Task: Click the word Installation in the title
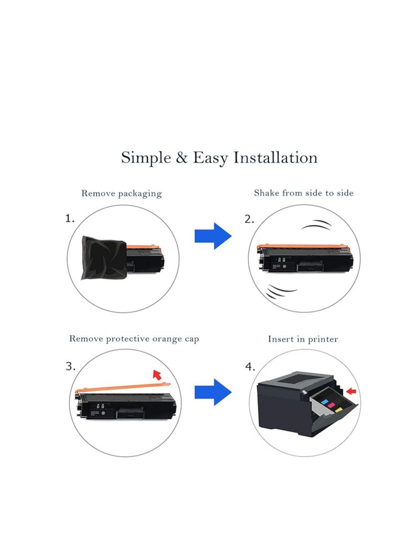click(275, 158)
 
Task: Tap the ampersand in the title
click(182, 158)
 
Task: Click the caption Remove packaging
click(121, 193)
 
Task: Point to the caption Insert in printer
click(303, 339)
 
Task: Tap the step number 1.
click(70, 218)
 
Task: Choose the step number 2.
click(249, 219)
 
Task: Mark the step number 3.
click(70, 366)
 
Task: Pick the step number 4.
click(250, 366)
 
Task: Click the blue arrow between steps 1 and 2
click(212, 236)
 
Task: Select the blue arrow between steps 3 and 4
click(212, 392)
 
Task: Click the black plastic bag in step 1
click(103, 257)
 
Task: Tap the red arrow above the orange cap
click(158, 374)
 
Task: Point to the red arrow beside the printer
click(351, 391)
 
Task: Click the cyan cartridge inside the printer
click(325, 402)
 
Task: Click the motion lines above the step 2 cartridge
click(316, 224)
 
